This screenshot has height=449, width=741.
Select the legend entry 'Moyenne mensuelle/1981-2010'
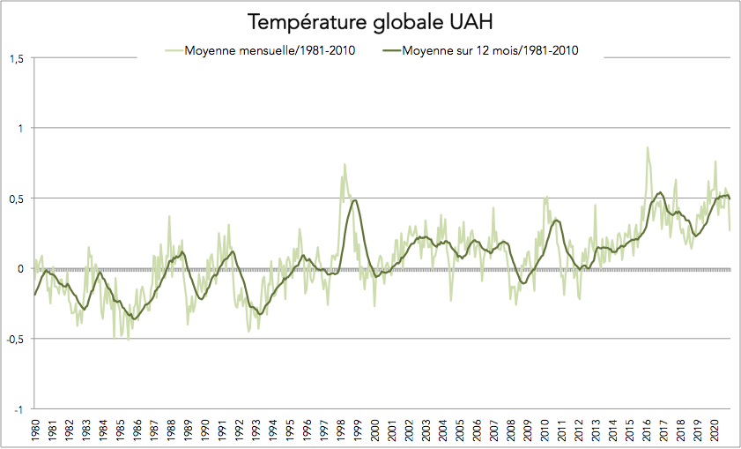click(x=270, y=50)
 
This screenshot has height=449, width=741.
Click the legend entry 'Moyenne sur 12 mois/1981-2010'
click(x=490, y=50)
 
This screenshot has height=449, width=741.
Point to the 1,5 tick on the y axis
click(x=16, y=58)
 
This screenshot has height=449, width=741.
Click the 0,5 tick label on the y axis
click(x=16, y=198)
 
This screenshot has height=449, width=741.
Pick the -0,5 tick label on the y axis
click(x=14, y=339)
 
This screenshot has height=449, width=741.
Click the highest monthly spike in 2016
click(x=648, y=147)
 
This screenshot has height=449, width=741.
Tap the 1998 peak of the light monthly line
click(x=345, y=164)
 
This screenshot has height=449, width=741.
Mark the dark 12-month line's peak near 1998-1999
click(x=354, y=200)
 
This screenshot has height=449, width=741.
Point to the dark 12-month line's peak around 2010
click(x=556, y=220)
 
